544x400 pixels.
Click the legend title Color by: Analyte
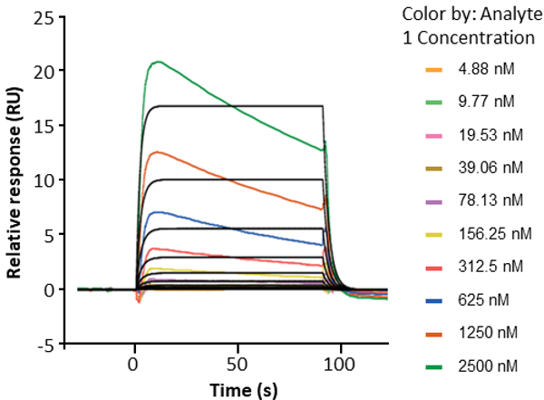point(465,15)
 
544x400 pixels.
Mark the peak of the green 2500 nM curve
point(159,62)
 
